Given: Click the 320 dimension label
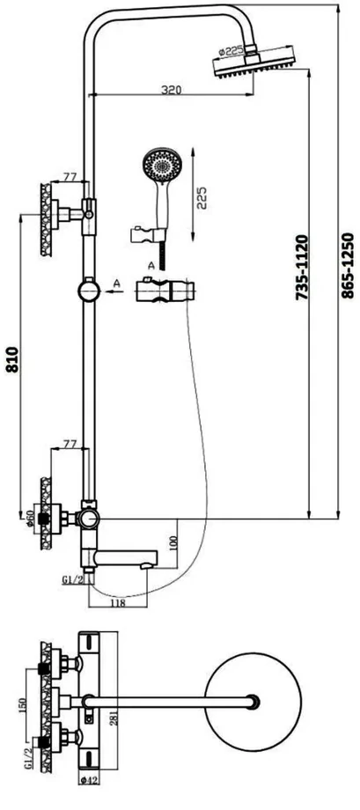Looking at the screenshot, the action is point(171,90).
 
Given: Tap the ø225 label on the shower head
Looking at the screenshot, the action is point(231,52).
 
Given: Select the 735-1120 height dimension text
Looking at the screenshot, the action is point(302,268).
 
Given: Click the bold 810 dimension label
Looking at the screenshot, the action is point(12,359).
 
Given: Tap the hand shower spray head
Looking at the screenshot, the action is point(162,165).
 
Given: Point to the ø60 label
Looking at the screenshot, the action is point(29,519).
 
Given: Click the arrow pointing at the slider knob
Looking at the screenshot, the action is point(114,291).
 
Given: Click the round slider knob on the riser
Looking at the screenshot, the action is point(89,290).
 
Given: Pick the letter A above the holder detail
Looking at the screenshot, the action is point(151,267).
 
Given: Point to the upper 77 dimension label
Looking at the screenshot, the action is point(70,177).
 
